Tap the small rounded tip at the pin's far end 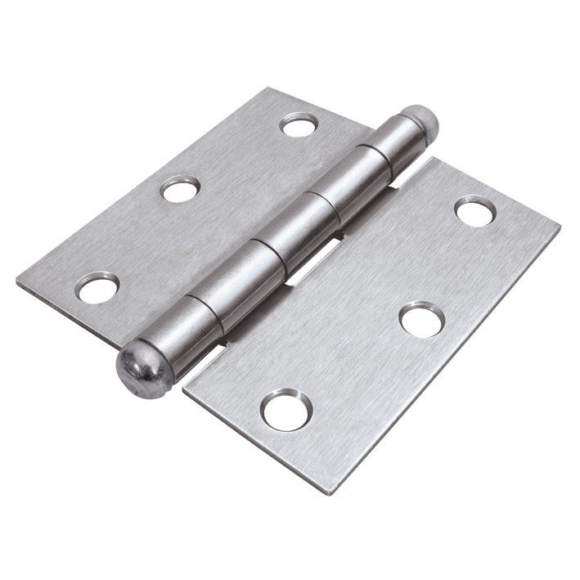(424, 120)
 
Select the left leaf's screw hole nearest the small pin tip (298, 125)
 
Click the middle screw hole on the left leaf (180, 190)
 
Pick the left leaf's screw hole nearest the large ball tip (98, 287)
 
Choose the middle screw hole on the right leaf (421, 318)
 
